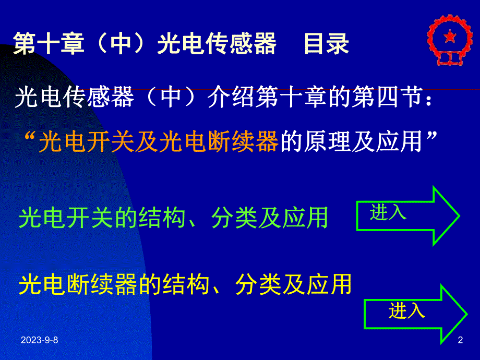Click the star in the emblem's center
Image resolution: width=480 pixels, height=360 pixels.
[x=447, y=38]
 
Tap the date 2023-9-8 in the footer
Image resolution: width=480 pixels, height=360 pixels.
[x=40, y=341]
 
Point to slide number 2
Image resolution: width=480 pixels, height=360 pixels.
[x=460, y=341]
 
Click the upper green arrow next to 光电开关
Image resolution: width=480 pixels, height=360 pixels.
[x=407, y=214]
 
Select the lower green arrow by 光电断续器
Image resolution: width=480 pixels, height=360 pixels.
[x=415, y=313]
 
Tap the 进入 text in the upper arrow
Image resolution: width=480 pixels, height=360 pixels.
[x=388, y=212]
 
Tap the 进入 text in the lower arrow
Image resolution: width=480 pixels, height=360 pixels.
[x=407, y=311]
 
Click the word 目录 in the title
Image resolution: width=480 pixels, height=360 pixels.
[x=327, y=44]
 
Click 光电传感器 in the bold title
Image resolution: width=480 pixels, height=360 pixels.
[x=217, y=44]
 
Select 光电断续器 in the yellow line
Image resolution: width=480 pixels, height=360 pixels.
[x=78, y=285]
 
